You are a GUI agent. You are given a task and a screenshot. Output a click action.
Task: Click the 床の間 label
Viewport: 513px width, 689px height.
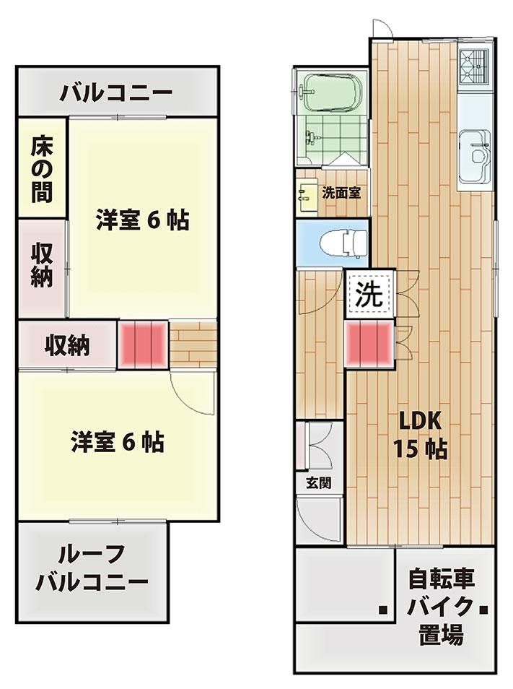point(41,170)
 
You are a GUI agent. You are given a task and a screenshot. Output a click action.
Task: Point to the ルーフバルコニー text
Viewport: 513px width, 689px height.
point(92,568)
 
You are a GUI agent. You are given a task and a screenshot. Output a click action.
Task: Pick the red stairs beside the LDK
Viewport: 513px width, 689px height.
point(369,344)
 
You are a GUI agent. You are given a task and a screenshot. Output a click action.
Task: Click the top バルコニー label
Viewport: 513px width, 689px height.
point(116,92)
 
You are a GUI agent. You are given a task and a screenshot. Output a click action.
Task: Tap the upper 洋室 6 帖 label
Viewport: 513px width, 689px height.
point(142,220)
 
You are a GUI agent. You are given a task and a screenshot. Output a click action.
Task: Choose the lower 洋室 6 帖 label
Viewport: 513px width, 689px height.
point(117,441)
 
